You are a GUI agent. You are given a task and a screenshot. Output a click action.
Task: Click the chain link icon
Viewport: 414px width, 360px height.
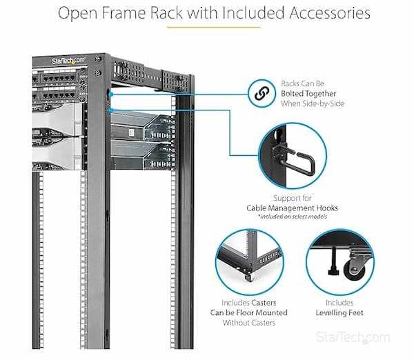pyautogui.click(x=263, y=94)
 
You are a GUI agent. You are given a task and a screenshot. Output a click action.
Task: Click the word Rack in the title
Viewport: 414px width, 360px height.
pyautogui.click(x=176, y=12)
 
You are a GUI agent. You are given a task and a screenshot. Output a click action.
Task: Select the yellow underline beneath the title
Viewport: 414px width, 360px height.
pyautogui.click(x=213, y=28)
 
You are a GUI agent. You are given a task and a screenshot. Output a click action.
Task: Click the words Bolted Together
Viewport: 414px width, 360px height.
pyautogui.click(x=312, y=94)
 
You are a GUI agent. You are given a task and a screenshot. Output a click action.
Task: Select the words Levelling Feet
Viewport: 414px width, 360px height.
pyautogui.click(x=339, y=312)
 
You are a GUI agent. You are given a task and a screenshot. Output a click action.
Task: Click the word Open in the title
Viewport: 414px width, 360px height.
pyautogui.click(x=77, y=12)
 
